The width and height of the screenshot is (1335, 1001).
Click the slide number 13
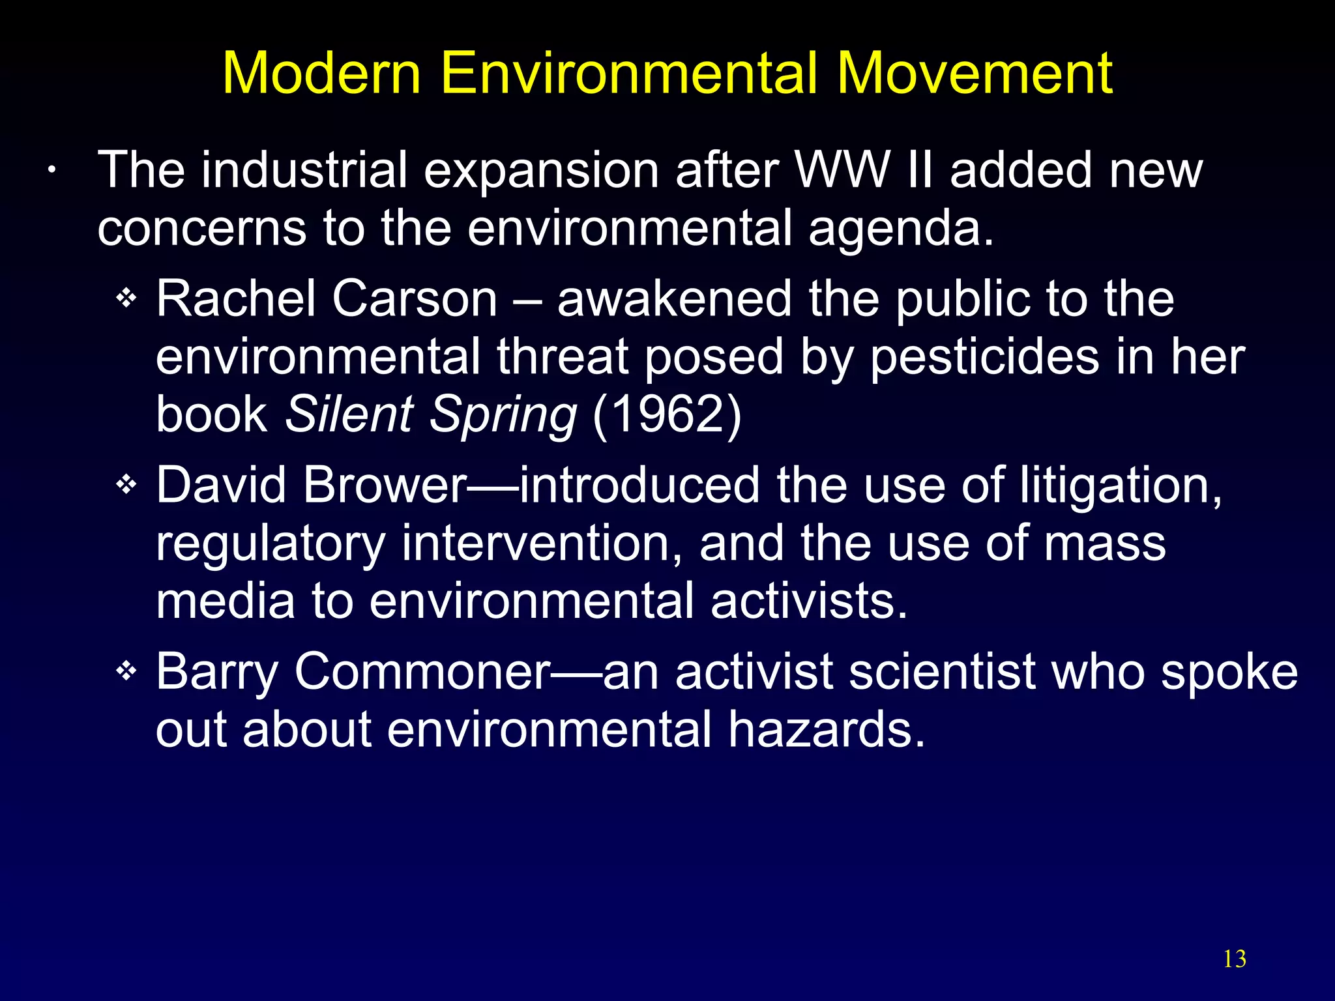[x=1234, y=959]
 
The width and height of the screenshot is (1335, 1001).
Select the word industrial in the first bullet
[x=304, y=170]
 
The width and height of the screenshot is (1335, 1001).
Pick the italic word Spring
[x=503, y=415]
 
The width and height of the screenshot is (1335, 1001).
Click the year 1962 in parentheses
[x=667, y=414]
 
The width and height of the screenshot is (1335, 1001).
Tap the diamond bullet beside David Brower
[x=126, y=485]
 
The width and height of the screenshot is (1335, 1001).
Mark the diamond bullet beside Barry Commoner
[x=126, y=671]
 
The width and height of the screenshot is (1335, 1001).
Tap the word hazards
[x=826, y=729]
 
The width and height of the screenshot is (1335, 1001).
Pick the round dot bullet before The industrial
[x=50, y=171]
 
